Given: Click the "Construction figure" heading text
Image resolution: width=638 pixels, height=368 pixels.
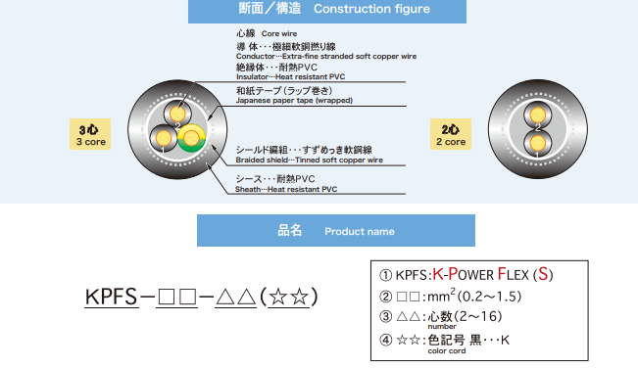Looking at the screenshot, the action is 371,9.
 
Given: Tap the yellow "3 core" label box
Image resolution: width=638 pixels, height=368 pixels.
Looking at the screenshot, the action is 90,134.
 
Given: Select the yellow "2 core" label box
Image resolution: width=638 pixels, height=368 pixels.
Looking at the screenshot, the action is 451,134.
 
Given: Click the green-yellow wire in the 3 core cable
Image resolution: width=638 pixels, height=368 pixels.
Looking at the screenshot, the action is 191,138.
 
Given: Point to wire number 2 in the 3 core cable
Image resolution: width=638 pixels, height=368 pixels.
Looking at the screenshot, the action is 177,115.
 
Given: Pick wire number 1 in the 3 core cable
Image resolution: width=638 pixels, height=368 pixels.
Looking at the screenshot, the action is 164,138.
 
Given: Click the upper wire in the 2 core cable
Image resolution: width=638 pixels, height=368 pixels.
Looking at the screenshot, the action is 537,115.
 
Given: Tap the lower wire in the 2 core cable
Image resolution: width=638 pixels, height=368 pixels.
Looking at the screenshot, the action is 537,143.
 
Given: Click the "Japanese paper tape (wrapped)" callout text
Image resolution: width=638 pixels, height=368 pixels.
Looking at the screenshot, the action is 294,101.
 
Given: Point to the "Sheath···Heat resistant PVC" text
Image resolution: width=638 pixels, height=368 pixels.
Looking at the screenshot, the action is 286,189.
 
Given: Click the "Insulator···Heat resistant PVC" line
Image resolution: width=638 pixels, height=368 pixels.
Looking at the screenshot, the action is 290,76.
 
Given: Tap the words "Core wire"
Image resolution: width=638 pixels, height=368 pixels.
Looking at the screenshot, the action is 279,33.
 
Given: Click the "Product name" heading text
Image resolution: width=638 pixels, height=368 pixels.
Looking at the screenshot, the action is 360,232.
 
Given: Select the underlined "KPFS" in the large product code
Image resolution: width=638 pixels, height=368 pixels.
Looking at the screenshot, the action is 111,297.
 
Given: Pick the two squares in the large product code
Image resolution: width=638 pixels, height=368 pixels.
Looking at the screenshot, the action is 177,297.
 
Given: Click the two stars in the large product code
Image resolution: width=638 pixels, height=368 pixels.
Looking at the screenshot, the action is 289,297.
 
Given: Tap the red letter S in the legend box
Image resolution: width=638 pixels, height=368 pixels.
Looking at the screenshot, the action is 543,274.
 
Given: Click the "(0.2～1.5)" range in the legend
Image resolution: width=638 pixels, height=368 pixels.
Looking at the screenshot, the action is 489,297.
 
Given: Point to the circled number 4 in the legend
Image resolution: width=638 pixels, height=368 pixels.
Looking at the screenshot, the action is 385,340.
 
